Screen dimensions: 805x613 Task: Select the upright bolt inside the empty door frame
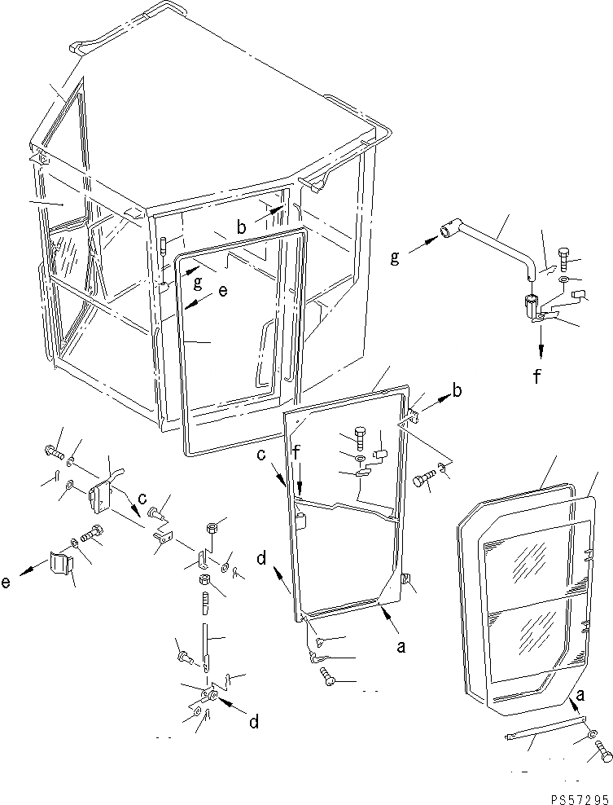coord(361,438)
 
